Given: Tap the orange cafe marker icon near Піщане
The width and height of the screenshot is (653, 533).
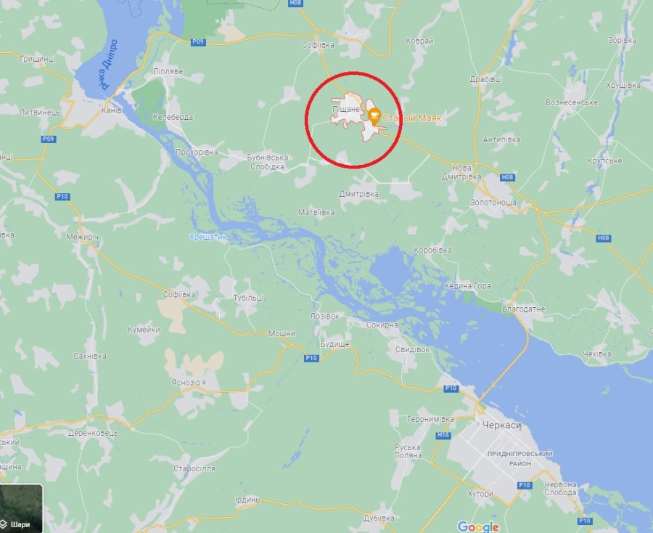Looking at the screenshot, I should point(374,115).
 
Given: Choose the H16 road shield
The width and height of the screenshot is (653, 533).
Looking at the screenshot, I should point(443,435).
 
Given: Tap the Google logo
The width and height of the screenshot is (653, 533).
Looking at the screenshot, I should point(478,526).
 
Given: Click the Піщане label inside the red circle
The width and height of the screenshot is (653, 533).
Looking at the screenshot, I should point(346,109).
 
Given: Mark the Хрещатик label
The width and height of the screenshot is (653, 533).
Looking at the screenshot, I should point(208,237).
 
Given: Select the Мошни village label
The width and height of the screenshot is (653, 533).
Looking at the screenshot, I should point(282,333).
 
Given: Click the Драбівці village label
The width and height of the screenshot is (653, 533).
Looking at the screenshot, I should point(485,79).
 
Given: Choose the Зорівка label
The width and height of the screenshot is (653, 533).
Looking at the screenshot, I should point(621,39).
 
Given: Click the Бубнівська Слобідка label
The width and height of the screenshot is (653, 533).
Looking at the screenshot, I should point(267,162).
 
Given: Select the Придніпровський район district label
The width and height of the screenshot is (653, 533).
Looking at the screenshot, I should point(521,458).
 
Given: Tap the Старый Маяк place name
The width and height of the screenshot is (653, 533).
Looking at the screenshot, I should point(411,116).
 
